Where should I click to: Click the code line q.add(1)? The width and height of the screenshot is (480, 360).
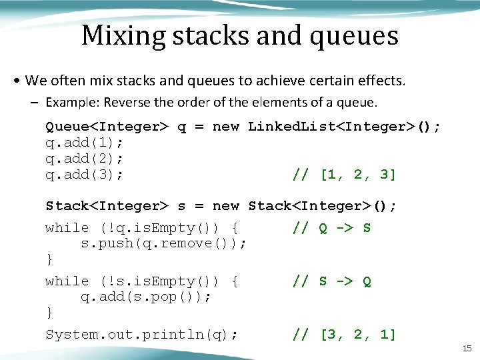85,143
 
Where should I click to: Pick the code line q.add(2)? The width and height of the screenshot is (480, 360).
85,159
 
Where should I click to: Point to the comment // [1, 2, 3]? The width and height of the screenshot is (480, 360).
345,175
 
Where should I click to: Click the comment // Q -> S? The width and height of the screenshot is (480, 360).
331,228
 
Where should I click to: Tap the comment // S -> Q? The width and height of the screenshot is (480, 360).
331,281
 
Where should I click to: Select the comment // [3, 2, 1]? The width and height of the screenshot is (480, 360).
345,335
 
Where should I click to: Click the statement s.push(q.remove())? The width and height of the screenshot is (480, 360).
164,243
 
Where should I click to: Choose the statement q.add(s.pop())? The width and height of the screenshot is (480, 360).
146,297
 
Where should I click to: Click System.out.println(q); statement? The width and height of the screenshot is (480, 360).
141,335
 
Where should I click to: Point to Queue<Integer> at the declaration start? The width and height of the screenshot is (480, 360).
106,127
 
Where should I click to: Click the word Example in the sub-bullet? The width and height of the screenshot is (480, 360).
69,103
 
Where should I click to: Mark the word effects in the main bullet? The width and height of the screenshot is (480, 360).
380,81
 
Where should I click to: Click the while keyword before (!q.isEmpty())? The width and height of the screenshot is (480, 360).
67,228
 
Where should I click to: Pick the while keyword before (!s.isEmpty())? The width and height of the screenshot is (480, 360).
67,281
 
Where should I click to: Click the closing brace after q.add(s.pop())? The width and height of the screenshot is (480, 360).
49,312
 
